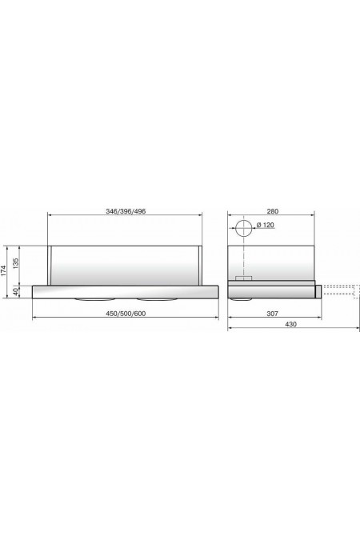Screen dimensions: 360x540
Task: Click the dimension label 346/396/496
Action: [126, 211]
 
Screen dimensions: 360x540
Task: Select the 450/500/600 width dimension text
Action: [126, 314]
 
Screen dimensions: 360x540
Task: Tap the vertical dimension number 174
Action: [3, 271]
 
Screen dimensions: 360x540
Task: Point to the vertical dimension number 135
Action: [15, 264]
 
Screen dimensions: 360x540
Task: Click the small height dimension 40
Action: [15, 292]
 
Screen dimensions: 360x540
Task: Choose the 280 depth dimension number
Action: [272, 211]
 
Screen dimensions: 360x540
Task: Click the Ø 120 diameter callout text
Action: [266, 226]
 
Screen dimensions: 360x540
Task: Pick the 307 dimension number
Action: [272, 314]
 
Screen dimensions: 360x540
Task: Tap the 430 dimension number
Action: [291, 324]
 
